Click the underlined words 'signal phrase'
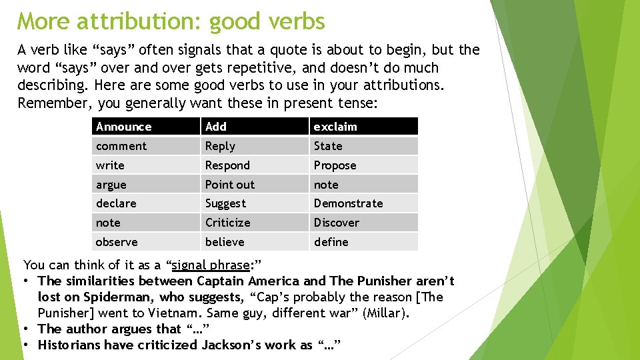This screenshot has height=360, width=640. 210,265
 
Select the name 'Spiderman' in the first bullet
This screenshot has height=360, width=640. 114,297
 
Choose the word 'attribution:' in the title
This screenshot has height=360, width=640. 139,21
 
